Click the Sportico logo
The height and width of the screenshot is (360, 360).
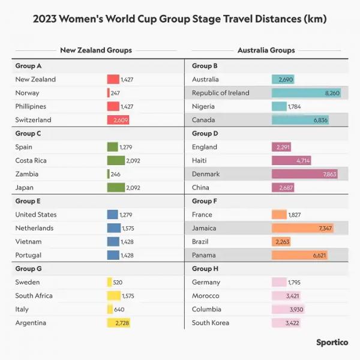point(332,343)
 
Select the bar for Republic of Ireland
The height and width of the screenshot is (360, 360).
point(306,93)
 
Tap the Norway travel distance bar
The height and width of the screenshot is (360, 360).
point(109,93)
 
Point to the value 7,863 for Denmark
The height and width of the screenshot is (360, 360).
point(329,174)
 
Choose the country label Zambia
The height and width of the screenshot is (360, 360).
point(27,174)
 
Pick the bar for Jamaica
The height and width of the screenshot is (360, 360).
point(302,229)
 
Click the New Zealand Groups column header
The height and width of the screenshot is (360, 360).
point(96,50)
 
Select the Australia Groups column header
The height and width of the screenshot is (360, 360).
point(266,50)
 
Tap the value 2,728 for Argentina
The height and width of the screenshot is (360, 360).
point(121,323)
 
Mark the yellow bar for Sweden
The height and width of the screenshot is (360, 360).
point(109,282)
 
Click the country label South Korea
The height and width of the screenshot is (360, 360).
point(211,323)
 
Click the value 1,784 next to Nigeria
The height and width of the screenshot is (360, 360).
point(294,107)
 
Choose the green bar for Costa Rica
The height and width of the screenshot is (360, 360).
point(116,161)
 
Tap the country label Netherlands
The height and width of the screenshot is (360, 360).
point(34,228)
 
